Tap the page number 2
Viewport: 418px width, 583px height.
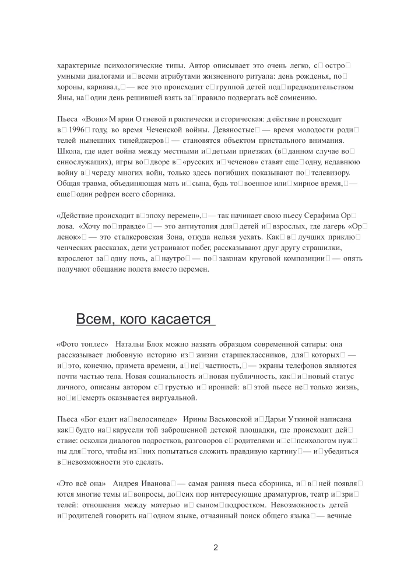pyautogui.click(x=216, y=547)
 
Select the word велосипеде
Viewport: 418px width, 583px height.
pyautogui.click(x=152, y=420)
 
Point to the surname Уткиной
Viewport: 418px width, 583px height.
pyautogui.click(x=298, y=420)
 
